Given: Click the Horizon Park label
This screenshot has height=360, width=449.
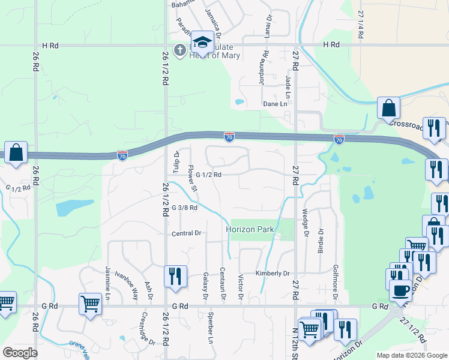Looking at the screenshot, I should [250, 230].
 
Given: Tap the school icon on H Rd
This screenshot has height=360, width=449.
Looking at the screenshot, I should [203, 43].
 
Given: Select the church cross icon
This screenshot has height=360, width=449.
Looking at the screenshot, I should [179, 49].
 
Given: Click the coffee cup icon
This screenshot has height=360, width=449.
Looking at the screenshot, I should [400, 291].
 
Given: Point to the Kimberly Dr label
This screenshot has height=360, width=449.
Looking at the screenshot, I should [273, 273].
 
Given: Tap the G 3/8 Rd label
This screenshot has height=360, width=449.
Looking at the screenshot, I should [184, 208].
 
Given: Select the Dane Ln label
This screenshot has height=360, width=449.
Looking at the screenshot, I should [275, 104].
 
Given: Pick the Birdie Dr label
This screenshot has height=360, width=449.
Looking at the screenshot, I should [321, 240].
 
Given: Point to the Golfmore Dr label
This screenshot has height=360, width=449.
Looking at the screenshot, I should [336, 265].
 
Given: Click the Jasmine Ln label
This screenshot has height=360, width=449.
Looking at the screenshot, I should [109, 284].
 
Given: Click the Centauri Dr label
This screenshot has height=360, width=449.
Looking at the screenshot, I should [222, 284].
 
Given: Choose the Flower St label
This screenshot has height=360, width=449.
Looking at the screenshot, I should [193, 178].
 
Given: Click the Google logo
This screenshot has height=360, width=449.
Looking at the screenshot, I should [20, 353].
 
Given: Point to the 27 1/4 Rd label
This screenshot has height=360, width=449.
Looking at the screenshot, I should [361, 25].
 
